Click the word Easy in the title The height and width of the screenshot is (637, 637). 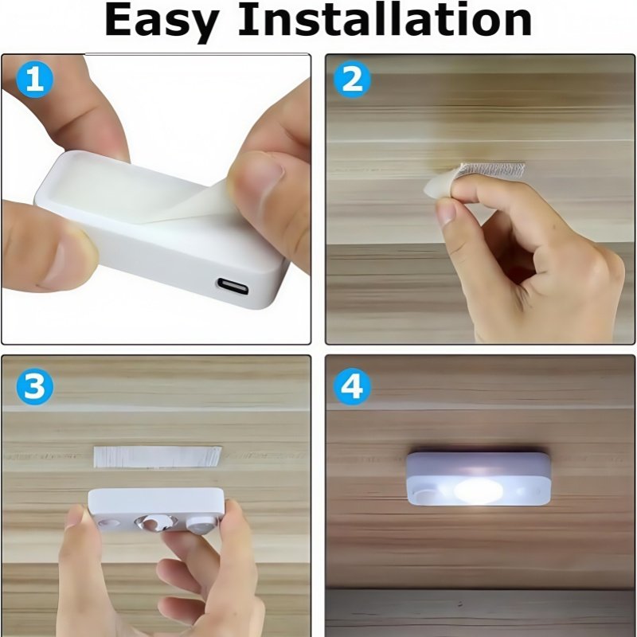[162, 21]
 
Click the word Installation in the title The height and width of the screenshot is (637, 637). [385, 18]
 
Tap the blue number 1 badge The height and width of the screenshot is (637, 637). [34, 79]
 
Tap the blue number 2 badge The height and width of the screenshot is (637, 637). [352, 79]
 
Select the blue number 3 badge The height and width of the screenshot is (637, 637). [34, 386]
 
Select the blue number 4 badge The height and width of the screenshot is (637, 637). [352, 386]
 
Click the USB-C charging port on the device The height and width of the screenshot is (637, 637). [233, 287]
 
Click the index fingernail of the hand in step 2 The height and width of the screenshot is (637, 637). [446, 213]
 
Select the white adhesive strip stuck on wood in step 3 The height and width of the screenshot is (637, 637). [157, 456]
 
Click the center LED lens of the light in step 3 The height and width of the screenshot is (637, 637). [157, 522]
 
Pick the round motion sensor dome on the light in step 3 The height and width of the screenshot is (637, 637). [201, 525]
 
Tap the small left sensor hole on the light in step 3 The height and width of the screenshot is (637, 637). [109, 522]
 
